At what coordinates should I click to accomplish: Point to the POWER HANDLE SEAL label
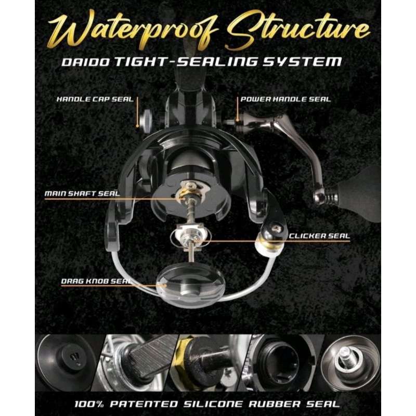pos(285,98)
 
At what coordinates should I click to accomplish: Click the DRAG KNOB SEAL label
pos(94,281)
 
